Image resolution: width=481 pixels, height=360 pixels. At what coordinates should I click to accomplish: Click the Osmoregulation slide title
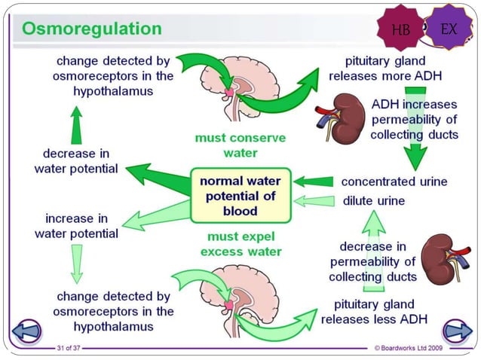[x=92, y=29]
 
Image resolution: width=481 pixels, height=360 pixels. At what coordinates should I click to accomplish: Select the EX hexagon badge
[x=449, y=29]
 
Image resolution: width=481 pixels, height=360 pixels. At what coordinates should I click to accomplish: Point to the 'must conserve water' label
[x=230, y=145]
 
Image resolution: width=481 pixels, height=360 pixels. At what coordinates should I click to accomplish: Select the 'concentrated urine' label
[x=394, y=182]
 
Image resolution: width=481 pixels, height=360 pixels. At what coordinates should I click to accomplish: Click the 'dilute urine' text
[x=374, y=201]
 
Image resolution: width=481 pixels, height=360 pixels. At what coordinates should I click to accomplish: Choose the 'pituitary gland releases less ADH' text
[x=374, y=312]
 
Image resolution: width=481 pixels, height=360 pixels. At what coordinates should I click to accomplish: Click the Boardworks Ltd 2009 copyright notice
[x=421, y=348]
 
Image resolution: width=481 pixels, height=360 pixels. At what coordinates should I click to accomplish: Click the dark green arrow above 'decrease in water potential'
[x=75, y=124]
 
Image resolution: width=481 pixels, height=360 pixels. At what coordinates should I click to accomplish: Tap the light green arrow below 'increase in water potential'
[x=76, y=264]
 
